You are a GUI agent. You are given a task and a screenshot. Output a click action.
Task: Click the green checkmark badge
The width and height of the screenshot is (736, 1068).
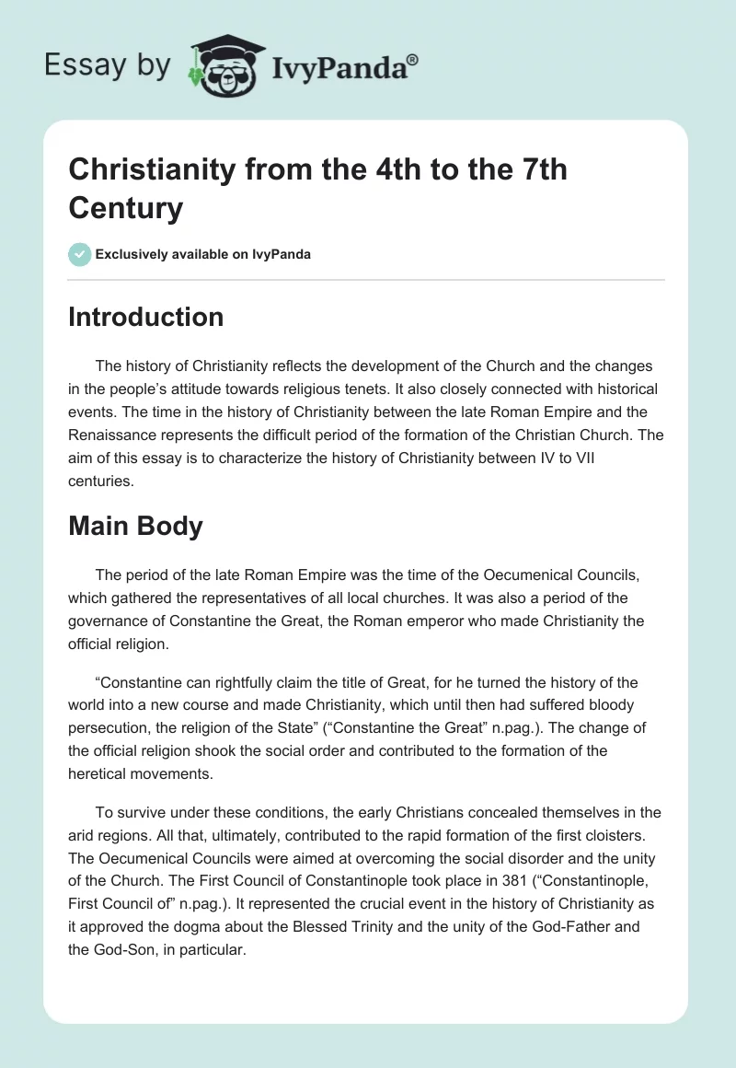tap(80, 254)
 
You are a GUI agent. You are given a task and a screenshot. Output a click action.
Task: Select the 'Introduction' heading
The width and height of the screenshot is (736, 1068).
tap(146, 317)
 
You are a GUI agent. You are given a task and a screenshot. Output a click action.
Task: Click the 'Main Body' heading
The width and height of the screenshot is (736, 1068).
tap(135, 527)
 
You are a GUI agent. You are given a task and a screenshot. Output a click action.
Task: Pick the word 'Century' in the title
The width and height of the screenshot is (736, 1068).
tap(126, 207)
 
